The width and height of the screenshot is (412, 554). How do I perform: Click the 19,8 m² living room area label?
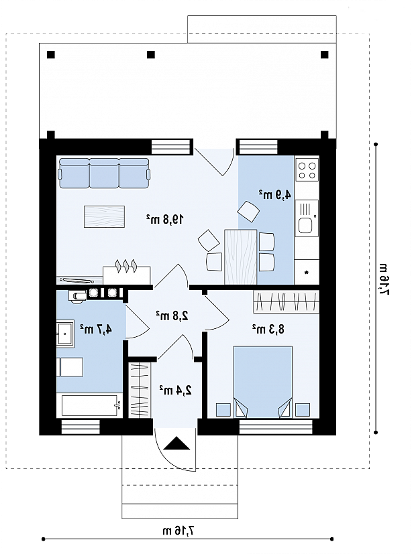(165, 220)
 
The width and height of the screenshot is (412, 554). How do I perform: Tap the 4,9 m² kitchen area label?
(275, 194)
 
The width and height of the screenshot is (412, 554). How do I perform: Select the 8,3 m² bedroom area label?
(268, 329)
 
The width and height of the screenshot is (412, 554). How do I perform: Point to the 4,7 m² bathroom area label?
(95, 329)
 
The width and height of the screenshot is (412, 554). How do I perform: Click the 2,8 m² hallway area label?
(172, 316)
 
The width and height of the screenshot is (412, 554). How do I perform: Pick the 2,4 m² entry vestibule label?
(175, 390)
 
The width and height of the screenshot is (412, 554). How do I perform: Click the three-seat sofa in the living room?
(105, 173)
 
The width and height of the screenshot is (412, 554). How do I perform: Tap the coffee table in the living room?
(105, 216)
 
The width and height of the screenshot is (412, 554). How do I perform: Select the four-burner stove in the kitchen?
(307, 170)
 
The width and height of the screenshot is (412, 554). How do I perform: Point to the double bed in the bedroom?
(263, 383)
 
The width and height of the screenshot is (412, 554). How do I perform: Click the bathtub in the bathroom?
(92, 406)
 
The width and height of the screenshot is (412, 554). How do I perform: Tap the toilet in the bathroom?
(78, 297)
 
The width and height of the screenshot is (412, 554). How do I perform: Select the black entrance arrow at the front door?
(176, 443)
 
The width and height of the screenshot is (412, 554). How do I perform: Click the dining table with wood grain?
(241, 257)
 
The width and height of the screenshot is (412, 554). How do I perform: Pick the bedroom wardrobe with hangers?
(286, 301)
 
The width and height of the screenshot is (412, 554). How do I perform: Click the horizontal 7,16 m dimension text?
(179, 531)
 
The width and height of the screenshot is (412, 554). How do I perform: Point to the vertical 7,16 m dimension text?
(384, 279)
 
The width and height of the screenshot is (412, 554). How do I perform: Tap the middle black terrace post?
(151, 55)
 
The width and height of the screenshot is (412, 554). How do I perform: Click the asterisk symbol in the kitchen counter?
(307, 272)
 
